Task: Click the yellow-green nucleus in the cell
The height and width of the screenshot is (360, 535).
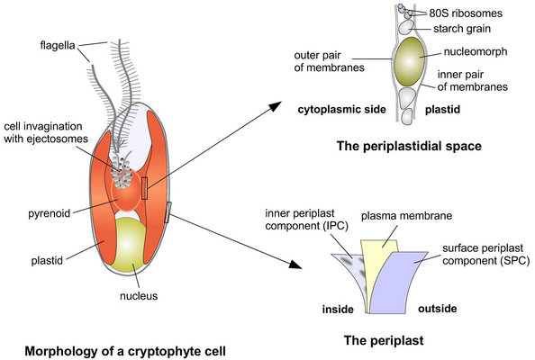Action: tap(129, 244)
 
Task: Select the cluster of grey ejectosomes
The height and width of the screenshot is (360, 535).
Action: tap(122, 174)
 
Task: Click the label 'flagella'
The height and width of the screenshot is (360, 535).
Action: tap(58, 45)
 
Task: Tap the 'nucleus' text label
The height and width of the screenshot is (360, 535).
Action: tap(139, 296)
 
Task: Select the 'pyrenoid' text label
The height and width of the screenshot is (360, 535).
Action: tap(50, 214)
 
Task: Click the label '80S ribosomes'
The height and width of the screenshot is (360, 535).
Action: tap(466, 13)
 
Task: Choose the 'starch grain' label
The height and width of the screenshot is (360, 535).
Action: tap(462, 29)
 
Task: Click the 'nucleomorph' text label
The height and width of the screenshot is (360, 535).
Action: tap(476, 52)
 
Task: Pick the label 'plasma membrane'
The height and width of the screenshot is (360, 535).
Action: tap(407, 216)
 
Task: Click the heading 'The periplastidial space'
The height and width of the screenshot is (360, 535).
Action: tap(409, 146)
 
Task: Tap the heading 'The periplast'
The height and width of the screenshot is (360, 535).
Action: tap(384, 340)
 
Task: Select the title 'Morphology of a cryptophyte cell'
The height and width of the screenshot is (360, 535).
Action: tap(125, 351)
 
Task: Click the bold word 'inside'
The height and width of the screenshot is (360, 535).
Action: tap(338, 310)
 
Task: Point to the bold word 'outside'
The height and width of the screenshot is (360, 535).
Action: tap(438, 309)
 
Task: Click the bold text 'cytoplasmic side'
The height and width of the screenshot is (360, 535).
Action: tap(342, 110)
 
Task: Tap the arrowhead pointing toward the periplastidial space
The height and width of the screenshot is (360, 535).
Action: tap(275, 105)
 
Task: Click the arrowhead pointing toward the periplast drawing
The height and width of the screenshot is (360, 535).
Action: tap(295, 264)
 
